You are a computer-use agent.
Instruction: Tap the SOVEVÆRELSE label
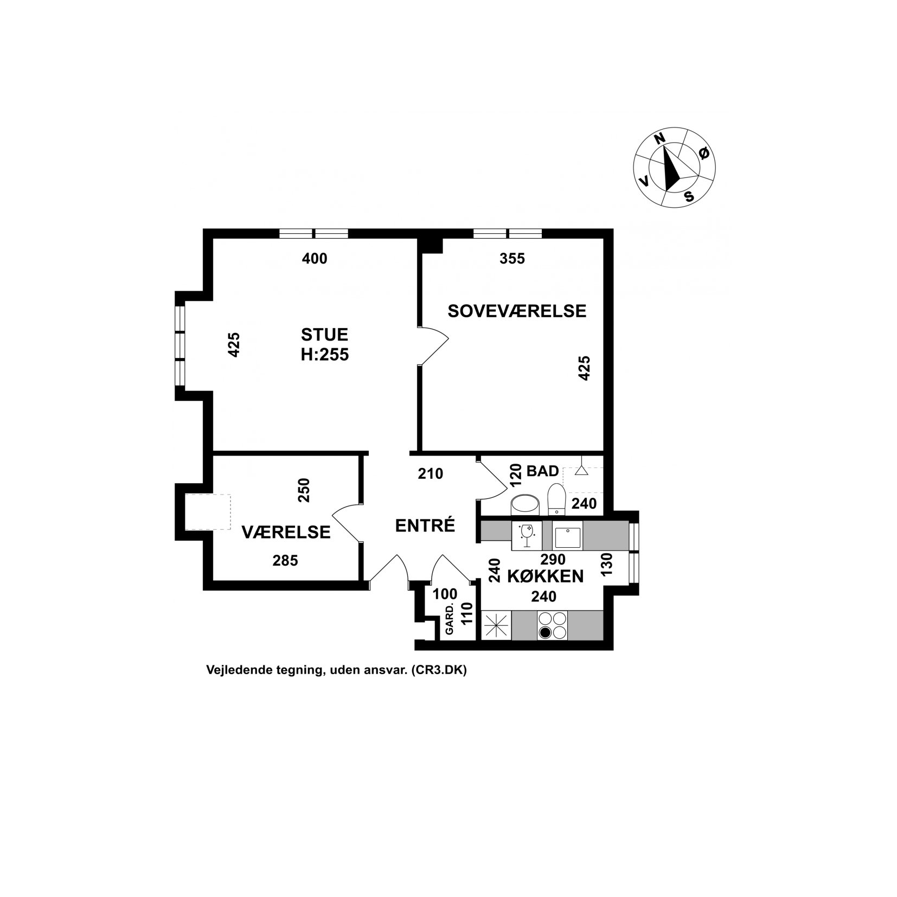click(517, 311)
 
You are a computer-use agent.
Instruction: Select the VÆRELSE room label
click(286, 532)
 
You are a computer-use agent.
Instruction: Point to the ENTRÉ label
click(425, 526)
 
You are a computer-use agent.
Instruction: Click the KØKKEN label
click(545, 576)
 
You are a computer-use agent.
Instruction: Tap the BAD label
click(543, 471)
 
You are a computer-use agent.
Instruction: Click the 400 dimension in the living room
click(315, 259)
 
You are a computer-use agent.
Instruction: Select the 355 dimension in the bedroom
click(512, 259)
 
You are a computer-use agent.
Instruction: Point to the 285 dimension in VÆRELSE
click(285, 560)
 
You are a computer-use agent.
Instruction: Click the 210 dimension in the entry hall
click(431, 474)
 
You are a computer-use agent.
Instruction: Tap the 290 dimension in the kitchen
click(553, 559)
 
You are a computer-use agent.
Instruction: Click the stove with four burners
click(553, 625)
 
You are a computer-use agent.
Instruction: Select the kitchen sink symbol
click(567, 536)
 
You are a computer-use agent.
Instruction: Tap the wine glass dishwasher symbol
click(527, 536)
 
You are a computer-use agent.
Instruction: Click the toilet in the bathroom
click(556, 499)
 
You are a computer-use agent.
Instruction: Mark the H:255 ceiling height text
click(325, 355)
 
